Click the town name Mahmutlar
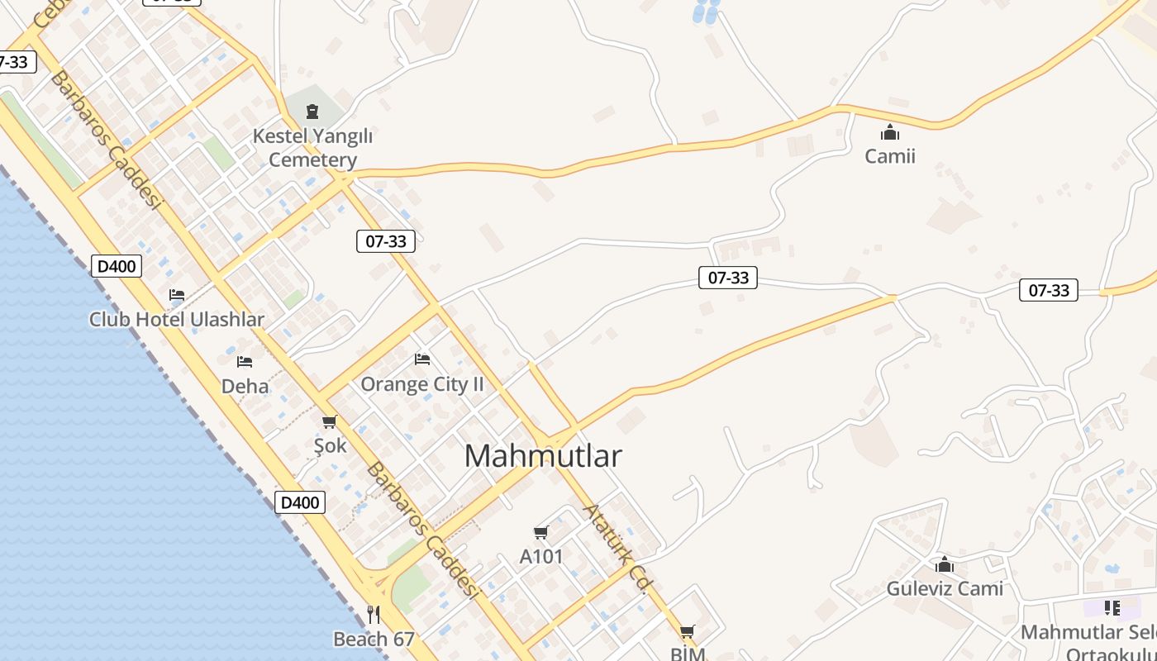[x=542, y=455]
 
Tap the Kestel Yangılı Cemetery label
[x=312, y=148]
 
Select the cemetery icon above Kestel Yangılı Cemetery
[x=312, y=112]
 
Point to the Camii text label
[x=890, y=155]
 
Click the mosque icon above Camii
[x=890, y=132]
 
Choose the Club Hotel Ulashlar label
[x=177, y=319]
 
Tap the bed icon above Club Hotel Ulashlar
[x=177, y=295]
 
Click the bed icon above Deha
[x=245, y=362]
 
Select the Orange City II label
[x=422, y=384]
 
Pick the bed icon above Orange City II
[x=422, y=359]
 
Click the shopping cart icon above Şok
[x=330, y=422]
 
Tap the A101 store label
[x=541, y=556]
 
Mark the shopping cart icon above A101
[x=541, y=533]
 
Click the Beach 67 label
[x=374, y=639]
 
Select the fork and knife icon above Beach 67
[x=374, y=615]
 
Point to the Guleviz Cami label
[x=945, y=588]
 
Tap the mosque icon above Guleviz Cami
[x=945, y=565]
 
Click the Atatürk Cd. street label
[x=615, y=548]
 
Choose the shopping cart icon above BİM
[x=687, y=633]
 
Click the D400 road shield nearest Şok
[x=299, y=502]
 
